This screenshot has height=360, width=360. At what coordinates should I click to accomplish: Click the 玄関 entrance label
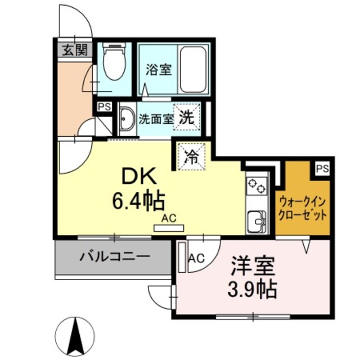(x=74, y=50)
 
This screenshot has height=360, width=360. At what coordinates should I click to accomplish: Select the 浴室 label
(x=159, y=70)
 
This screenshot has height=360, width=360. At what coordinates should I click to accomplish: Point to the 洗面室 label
(x=156, y=119)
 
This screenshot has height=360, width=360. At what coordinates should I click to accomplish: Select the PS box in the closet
(x=321, y=168)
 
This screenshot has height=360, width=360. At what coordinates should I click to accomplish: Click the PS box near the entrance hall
(x=104, y=106)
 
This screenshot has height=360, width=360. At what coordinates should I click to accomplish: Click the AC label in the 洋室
(x=196, y=258)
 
